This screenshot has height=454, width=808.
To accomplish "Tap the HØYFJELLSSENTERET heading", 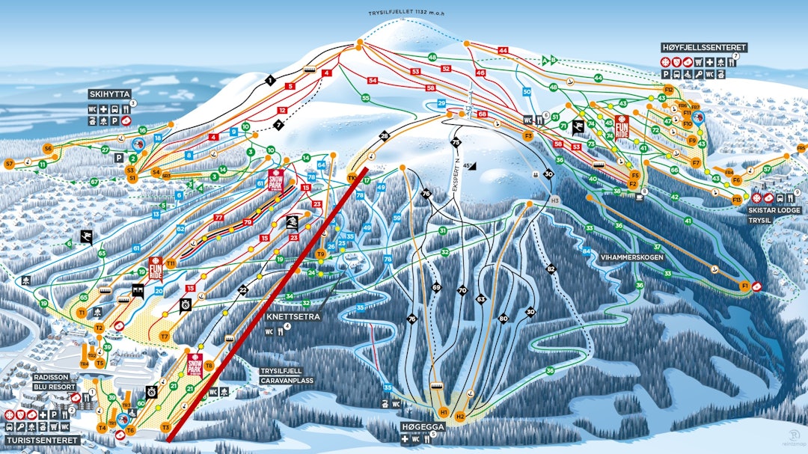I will pyautogui.click(x=704, y=47).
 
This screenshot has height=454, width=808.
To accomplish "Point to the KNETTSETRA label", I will pyautogui.click(x=293, y=316).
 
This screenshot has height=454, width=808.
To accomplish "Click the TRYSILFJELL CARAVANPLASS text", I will pyautogui.click(x=287, y=375).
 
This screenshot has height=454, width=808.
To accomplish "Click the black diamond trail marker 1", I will pyautogui.click(x=270, y=79).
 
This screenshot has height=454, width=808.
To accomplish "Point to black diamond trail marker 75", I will pyautogui.click(x=455, y=142).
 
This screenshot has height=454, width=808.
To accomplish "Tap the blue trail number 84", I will pyautogui.click(x=587, y=251).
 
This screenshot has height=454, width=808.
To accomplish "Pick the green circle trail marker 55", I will pyautogui.click(x=366, y=98).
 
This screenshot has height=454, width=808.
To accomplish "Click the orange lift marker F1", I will pyautogui.click(x=744, y=286).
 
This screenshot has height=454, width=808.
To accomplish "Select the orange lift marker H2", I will pyautogui.click(x=461, y=416).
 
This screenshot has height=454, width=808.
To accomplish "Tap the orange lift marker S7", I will pyautogui.click(x=10, y=163).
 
